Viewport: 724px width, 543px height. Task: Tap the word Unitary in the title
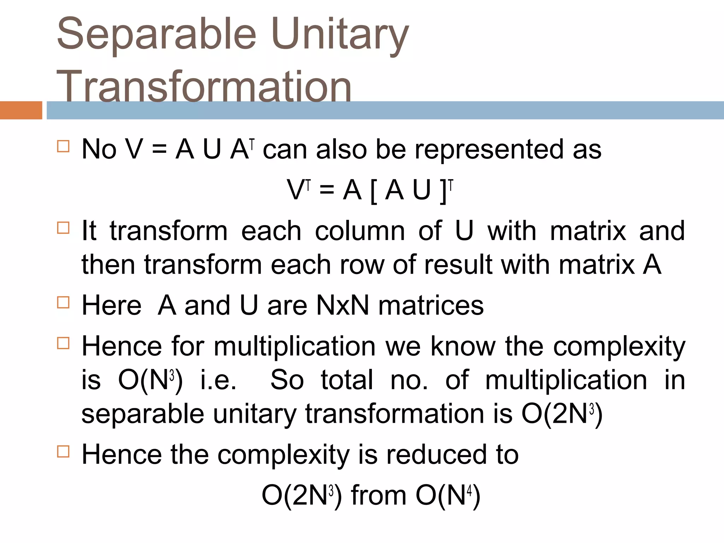[x=340, y=35]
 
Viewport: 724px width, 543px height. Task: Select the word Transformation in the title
[x=204, y=87]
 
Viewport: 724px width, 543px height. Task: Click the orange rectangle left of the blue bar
[x=21, y=110]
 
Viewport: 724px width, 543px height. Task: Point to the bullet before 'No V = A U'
[x=63, y=146]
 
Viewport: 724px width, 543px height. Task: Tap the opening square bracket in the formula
[x=373, y=191]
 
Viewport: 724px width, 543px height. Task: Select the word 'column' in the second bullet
[x=360, y=231]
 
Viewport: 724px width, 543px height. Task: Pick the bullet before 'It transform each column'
[x=63, y=228]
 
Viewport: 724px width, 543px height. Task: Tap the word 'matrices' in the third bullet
[x=431, y=305]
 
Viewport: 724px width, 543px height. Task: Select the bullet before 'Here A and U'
[x=63, y=302]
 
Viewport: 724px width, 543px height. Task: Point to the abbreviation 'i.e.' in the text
[x=218, y=380]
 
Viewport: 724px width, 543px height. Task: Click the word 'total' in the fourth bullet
[x=347, y=380]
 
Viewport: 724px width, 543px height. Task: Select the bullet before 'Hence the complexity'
[x=63, y=451]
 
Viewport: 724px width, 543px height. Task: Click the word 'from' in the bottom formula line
[x=379, y=495]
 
